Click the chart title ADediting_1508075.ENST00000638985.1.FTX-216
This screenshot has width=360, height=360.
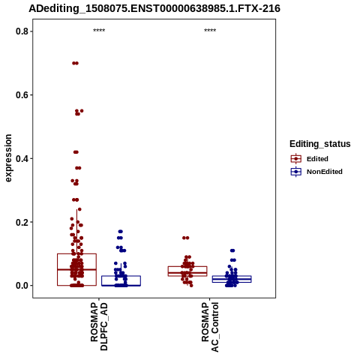tap(154, 8)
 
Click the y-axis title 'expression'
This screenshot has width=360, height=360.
tap(8, 158)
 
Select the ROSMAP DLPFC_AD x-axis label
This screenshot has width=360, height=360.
tap(99, 326)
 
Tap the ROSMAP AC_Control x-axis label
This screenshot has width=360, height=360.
tap(210, 327)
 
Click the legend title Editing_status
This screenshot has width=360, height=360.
tap(320, 144)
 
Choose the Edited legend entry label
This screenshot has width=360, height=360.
tap(317, 159)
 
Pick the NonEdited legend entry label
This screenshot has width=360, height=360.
tap(325, 172)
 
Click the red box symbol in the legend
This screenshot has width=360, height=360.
tap(296, 159)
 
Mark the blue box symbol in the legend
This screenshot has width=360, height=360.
tap(296, 172)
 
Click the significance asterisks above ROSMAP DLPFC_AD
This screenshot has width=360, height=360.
tap(99, 31)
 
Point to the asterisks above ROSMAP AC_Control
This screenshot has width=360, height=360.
tap(210, 31)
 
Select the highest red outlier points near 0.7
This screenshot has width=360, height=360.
tap(75, 63)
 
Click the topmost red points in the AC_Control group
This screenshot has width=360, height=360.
tap(186, 238)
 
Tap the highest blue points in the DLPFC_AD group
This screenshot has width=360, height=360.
tap(120, 232)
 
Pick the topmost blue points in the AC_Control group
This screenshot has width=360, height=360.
tap(232, 250)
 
